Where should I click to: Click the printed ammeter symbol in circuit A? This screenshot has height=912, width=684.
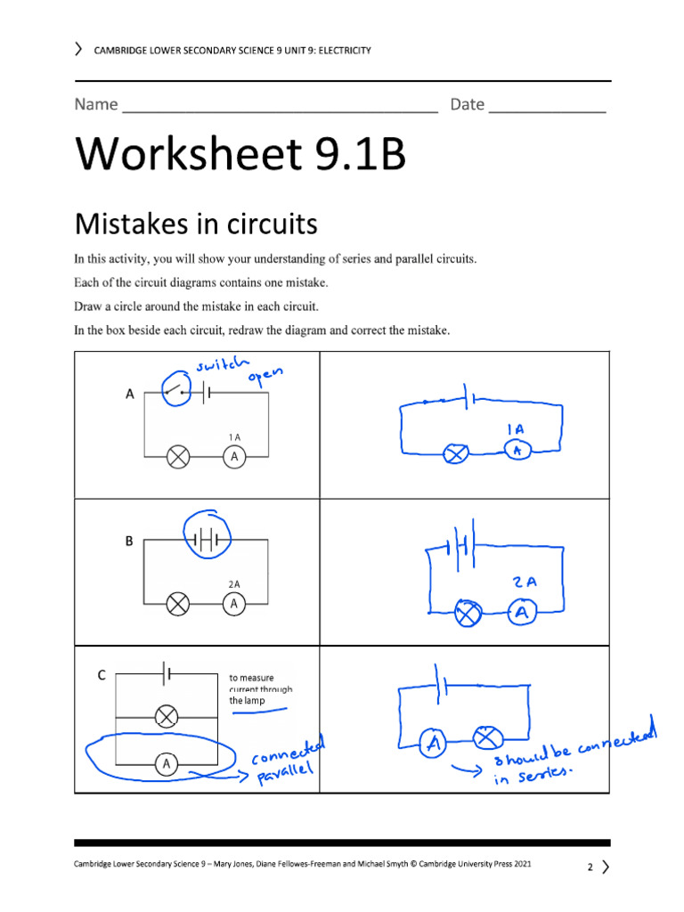coord(234,457)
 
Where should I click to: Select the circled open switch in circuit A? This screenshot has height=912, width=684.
coord(176,389)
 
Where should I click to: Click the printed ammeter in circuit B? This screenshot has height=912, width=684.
coord(234,604)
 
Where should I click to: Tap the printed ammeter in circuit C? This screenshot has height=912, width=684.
coord(165,762)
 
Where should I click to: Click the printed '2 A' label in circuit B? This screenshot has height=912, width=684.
coord(234,584)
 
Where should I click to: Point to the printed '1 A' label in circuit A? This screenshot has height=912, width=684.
coord(234,437)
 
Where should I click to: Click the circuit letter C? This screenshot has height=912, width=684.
coord(102,676)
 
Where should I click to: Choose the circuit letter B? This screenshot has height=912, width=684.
coord(128,541)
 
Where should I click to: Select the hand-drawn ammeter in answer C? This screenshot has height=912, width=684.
coord(434,742)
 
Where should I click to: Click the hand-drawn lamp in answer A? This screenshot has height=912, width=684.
coord(458,454)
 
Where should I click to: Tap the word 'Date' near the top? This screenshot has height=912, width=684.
coord(467,105)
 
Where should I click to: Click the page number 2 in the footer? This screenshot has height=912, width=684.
coord(590,867)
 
